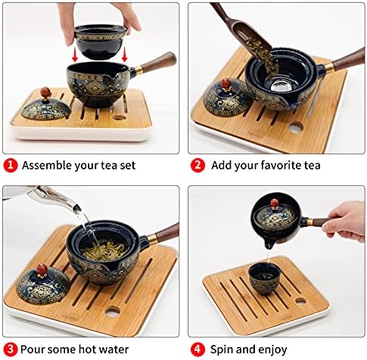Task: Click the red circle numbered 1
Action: click(x=11, y=166)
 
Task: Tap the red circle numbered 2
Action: click(x=197, y=166)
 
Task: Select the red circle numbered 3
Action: click(x=11, y=349)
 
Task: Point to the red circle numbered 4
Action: click(x=197, y=349)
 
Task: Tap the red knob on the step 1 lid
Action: click(x=46, y=92)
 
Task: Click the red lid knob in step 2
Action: click(x=226, y=84)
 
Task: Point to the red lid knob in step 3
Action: click(x=42, y=269)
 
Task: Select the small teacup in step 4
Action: click(x=264, y=278)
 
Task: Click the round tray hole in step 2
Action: click(x=296, y=128)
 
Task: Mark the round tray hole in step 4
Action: click(x=300, y=300)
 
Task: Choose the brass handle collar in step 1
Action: click(x=138, y=70)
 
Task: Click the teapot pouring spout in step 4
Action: click(x=269, y=244)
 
